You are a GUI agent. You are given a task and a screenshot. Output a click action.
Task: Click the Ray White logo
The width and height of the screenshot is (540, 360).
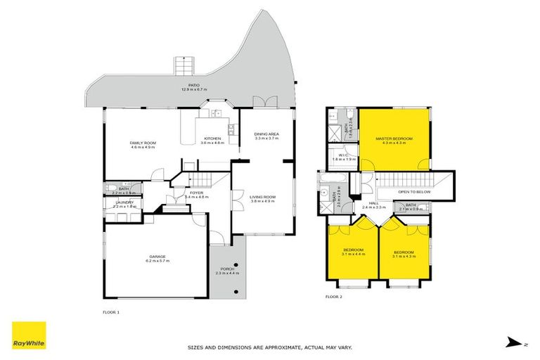pyautogui.click(x=29, y=335)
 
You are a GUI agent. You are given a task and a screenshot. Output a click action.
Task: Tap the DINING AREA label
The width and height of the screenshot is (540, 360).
pyautogui.click(x=266, y=136)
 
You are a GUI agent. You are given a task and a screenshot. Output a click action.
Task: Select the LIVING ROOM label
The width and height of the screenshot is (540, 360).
pyautogui.click(x=263, y=198)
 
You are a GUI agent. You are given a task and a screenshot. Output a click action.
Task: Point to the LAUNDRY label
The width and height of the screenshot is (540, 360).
pyautogui.click(x=124, y=203)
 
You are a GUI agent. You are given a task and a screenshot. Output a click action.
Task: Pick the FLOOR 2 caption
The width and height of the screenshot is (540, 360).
pyautogui.click(x=333, y=297)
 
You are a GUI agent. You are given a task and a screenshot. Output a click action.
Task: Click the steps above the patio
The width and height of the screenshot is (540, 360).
pyautogui.click(x=183, y=66)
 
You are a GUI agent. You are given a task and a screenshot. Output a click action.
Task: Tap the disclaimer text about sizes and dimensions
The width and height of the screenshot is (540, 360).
pyautogui.click(x=269, y=347)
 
